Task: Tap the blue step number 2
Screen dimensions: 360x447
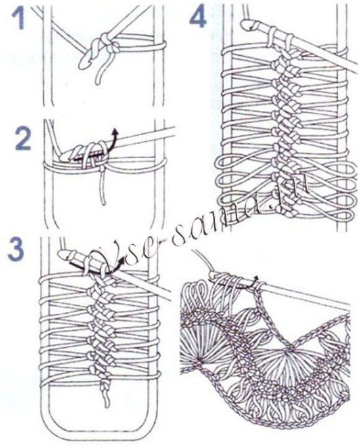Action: coord(22,138)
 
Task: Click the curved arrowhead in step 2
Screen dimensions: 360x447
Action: coord(115,133)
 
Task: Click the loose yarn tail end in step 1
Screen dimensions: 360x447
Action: coord(99,83)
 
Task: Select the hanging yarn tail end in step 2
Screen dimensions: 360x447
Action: coord(104,203)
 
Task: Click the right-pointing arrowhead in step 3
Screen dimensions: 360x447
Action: coord(122,258)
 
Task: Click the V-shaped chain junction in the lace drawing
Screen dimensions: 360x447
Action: coord(294,345)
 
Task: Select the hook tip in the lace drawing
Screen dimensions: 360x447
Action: coord(214,275)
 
